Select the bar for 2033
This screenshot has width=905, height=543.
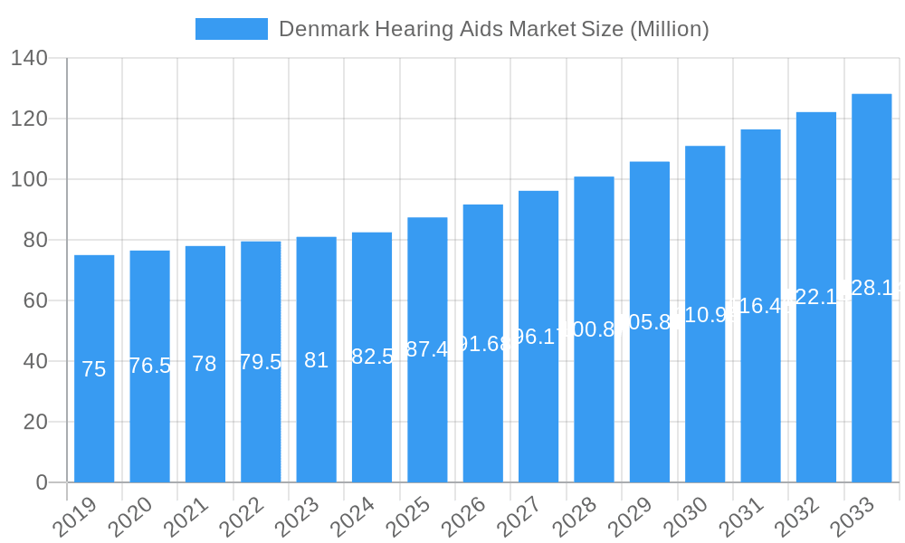[872, 380]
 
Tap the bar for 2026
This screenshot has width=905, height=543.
[483, 407]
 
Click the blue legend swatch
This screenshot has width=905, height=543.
[232, 29]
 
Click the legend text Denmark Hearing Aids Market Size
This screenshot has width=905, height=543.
[493, 29]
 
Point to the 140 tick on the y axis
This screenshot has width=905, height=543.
[29, 58]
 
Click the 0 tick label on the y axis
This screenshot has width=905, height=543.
[42, 482]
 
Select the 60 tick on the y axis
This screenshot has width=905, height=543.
[35, 300]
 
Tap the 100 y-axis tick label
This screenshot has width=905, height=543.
[29, 179]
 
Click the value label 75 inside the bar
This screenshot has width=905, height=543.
[94, 369]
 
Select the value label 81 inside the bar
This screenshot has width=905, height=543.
[316, 360]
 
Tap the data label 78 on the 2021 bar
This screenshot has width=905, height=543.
[205, 364]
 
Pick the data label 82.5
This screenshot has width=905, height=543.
[372, 357]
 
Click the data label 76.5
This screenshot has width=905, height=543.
[149, 366]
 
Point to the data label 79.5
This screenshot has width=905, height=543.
[261, 362]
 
